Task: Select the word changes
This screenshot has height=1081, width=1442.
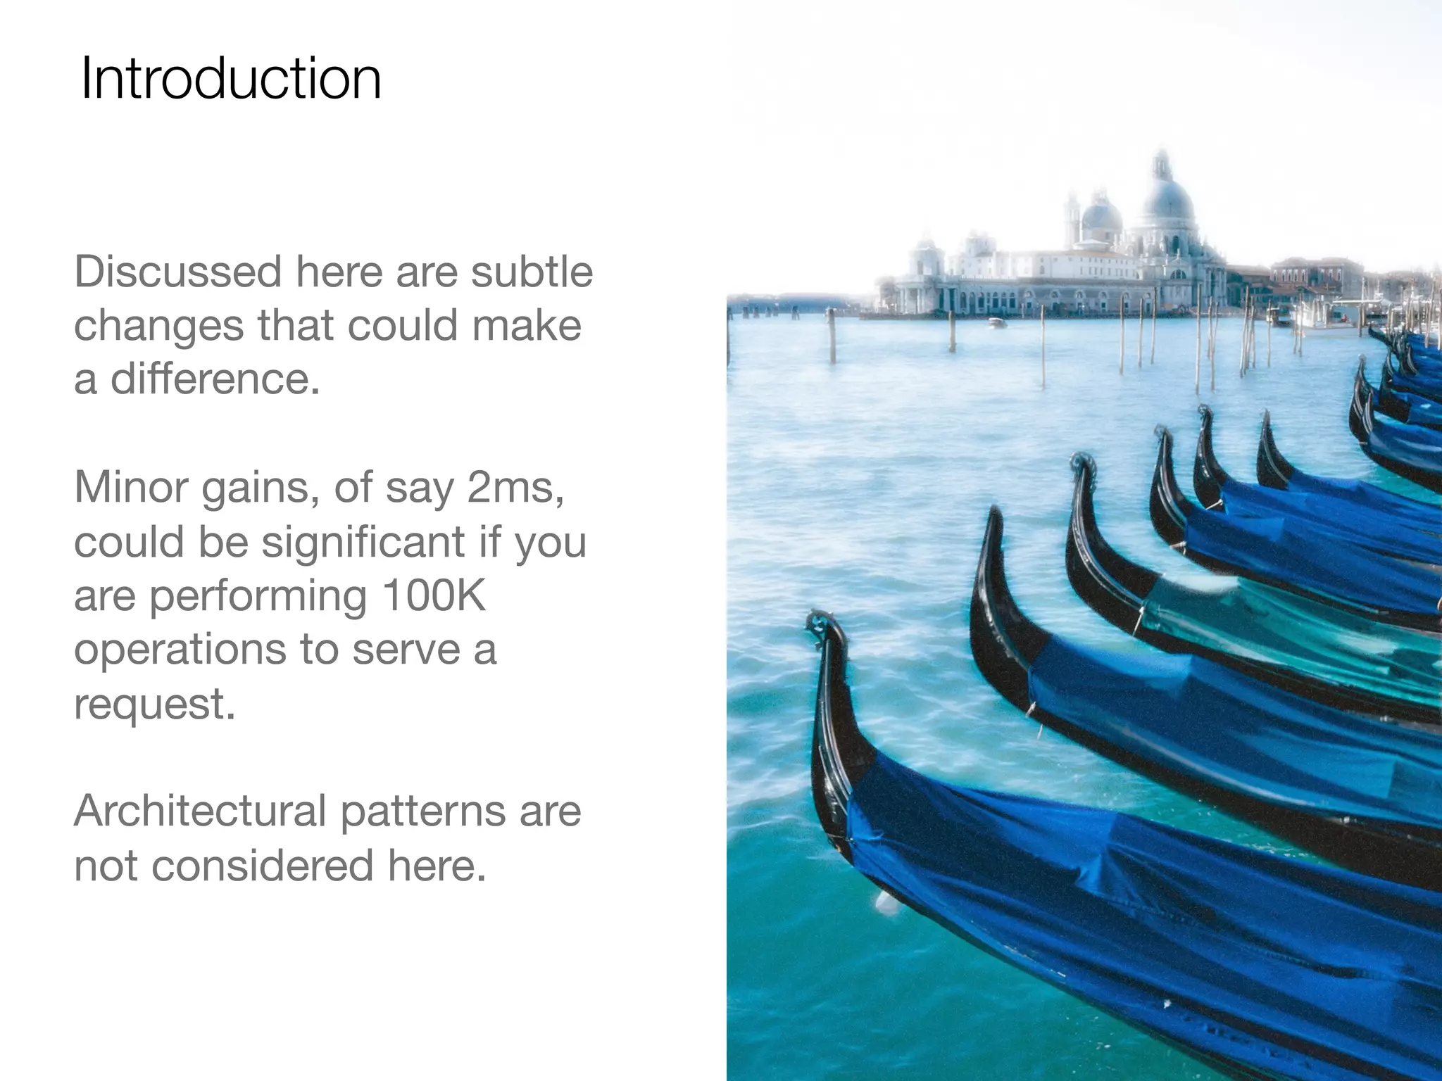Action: pyautogui.click(x=158, y=326)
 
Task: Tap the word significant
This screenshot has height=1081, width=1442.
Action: pyautogui.click(x=363, y=542)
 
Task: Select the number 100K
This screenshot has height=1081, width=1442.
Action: pyautogui.click(x=434, y=595)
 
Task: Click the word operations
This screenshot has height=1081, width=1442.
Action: pyautogui.click(x=180, y=650)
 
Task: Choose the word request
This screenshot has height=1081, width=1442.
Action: pyautogui.click(x=154, y=703)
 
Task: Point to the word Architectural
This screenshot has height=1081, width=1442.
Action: pyautogui.click(x=200, y=811)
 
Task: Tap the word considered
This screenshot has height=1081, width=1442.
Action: pyautogui.click(x=262, y=865)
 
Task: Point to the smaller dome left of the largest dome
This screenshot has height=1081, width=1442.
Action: pyautogui.click(x=1100, y=215)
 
